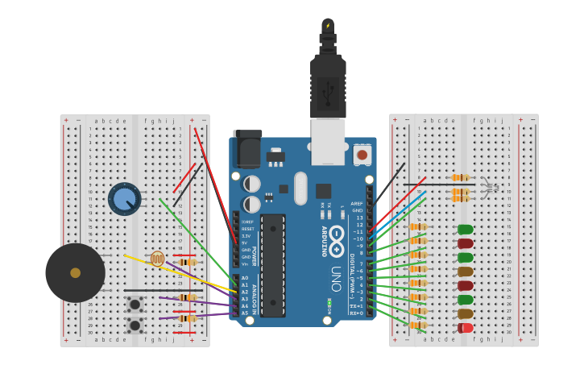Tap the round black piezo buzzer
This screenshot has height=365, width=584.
click(75, 272)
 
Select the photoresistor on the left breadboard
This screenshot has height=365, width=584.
click(157, 259)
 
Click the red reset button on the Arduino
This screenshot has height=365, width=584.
click(362, 154)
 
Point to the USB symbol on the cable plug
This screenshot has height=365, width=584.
click(328, 96)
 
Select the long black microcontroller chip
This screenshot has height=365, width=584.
click(272, 264)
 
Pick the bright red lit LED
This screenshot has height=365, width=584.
click(466, 328)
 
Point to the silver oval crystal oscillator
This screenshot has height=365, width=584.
click(300, 189)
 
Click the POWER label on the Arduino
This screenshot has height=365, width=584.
click(254, 256)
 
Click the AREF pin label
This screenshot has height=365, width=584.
click(357, 204)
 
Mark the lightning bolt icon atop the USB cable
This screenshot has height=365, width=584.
click(328, 25)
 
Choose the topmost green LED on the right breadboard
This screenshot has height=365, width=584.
click(466, 230)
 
